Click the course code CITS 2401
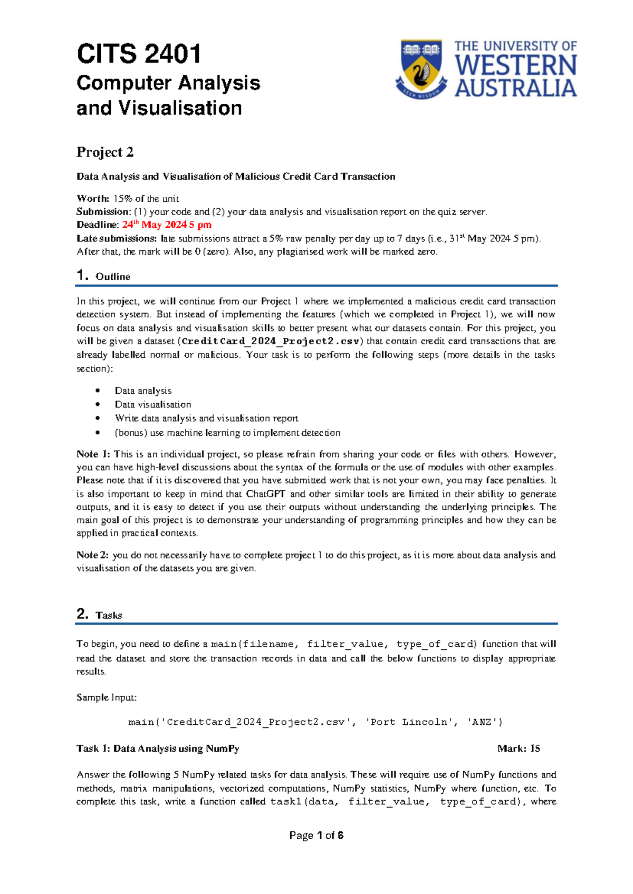click(x=139, y=54)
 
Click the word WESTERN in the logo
click(x=515, y=66)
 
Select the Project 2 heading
click(x=105, y=152)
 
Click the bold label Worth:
click(x=93, y=199)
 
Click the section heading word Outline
click(x=113, y=277)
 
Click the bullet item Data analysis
click(x=143, y=391)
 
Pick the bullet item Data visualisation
click(x=153, y=404)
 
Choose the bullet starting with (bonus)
click(x=227, y=433)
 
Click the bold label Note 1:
click(x=93, y=454)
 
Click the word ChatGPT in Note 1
click(x=266, y=494)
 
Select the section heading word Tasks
click(x=109, y=615)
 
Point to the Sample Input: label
click(x=107, y=697)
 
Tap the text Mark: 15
click(x=519, y=749)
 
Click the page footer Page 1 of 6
click(x=316, y=835)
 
